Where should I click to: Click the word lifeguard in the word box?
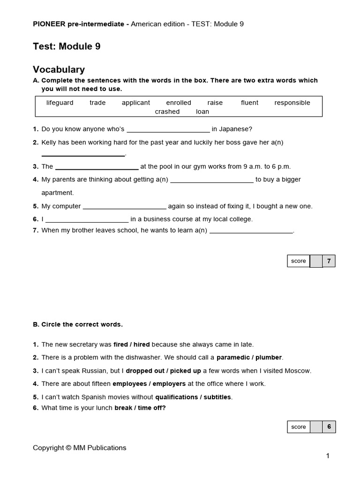tap(60, 103)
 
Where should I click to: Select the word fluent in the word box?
tap(249, 103)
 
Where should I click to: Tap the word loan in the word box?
tap(202, 112)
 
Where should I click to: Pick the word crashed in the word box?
tap(167, 112)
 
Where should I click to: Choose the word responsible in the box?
tap(292, 103)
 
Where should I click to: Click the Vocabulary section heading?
tap(59, 69)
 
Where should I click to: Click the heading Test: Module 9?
tap(67, 46)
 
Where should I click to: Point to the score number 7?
tap(329, 261)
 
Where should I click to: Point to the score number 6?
tap(329, 427)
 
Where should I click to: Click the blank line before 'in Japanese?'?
tap(168, 130)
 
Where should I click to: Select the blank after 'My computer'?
tap(124, 207)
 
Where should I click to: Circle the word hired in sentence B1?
tap(141, 344)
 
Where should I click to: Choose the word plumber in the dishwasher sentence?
tap(268, 357)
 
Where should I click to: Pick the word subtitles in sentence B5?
tap(217, 397)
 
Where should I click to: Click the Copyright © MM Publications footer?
tap(79, 448)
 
